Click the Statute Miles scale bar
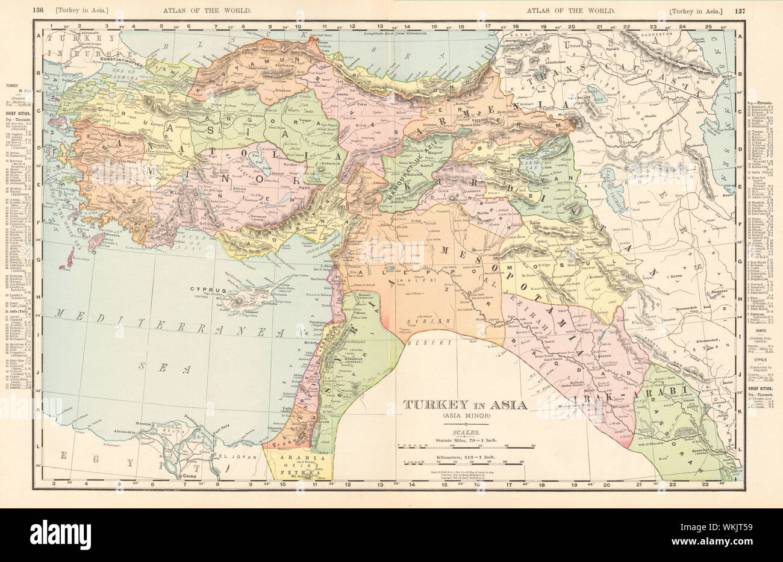click(464, 448)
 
